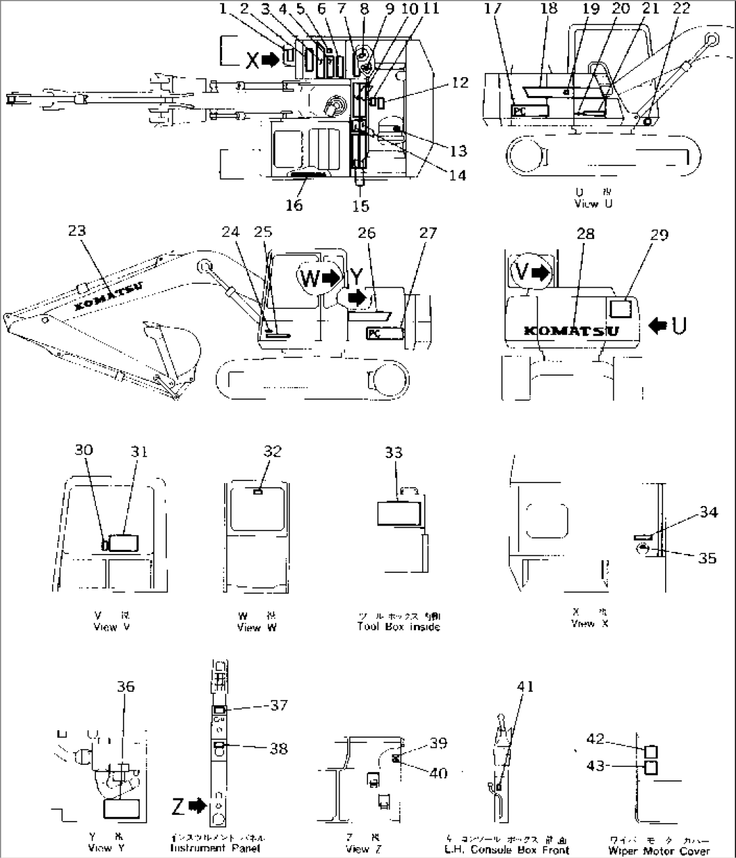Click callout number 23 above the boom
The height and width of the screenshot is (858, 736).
78,230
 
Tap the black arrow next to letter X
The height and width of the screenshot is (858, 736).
270,60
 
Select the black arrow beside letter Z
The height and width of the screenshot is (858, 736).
197,805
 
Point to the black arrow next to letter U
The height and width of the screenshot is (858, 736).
657,326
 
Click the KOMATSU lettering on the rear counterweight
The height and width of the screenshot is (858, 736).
571,330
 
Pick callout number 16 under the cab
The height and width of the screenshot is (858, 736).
294,205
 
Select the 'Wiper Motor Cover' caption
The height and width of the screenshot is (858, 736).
658,851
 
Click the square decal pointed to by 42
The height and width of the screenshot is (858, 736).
651,751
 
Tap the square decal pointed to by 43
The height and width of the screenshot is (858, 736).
651,767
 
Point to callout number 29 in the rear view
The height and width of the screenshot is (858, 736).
658,234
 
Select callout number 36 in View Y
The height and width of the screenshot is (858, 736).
126,686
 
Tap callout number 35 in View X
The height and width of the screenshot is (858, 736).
707,557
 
